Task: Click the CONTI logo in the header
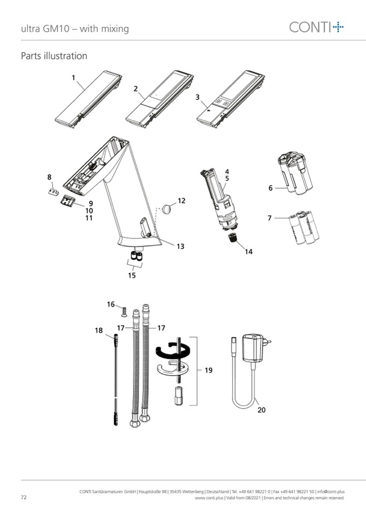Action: pos(316,27)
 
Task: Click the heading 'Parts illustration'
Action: pos(54,56)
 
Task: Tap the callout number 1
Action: pos(73,78)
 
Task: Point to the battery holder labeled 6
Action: pos(295,173)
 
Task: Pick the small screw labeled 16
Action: pos(124,311)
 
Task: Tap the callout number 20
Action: pos(261,410)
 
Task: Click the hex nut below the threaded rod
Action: pos(178,396)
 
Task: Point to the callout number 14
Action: pos(248,252)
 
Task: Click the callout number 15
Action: pos(132,275)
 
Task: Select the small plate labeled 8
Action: pos(53,192)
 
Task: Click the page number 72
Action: pos(23,497)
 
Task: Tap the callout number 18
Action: pos(99,330)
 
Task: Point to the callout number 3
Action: pos(198,97)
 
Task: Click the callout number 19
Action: pos(208,370)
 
